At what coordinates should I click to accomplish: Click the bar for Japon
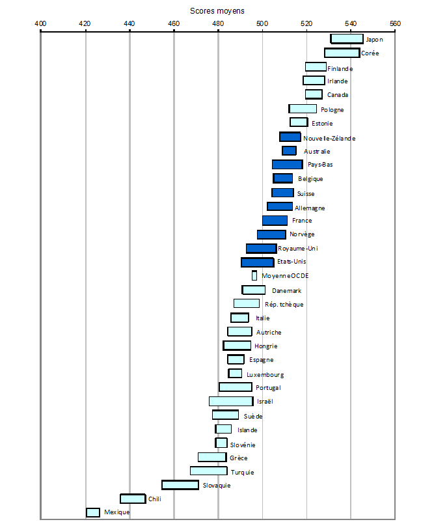346,39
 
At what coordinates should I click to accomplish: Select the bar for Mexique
93,513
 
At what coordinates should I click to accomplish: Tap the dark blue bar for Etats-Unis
257,262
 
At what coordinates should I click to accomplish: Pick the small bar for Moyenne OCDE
254,276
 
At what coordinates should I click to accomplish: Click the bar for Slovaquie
180,485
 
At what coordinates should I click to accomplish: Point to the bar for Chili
133,499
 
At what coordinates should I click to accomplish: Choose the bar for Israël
231,402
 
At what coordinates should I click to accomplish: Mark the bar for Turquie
208,471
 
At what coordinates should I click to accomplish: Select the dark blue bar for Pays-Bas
287,165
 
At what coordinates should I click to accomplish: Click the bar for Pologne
303,109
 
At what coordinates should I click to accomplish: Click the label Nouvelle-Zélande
329,137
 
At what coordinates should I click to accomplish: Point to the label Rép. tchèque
284,304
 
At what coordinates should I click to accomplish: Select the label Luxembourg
265,374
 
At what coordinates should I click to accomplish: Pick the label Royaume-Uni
297,249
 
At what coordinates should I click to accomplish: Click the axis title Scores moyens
217,11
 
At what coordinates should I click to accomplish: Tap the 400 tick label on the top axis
40,23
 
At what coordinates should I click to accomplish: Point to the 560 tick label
395,23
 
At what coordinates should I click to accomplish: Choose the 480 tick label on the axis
218,23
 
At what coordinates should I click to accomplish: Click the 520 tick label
306,23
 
